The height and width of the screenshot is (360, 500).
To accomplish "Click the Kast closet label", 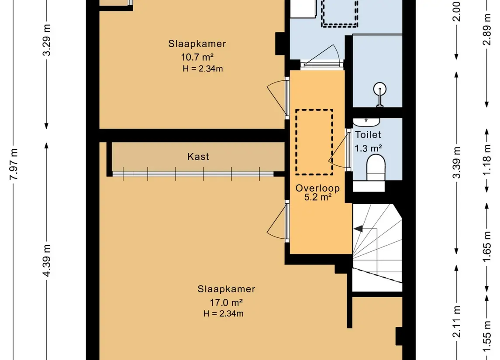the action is [198, 156].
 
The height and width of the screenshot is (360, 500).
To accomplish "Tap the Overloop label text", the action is [317, 188].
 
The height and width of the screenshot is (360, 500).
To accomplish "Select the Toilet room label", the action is [368, 135].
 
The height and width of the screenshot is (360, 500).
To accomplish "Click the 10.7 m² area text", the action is [197, 57].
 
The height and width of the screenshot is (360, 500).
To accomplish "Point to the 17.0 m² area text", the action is [226, 302].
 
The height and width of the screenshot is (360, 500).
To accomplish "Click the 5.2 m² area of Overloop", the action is [317, 197].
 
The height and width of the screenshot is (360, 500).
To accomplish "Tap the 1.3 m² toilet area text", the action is [368, 148].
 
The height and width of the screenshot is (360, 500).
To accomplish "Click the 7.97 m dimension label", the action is [14, 165].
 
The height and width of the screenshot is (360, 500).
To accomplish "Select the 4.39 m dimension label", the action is [47, 261].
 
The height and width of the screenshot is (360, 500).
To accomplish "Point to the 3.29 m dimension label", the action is [47, 40].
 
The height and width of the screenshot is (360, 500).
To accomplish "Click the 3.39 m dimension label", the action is [457, 162].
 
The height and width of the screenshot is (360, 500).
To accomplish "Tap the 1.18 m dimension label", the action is [487, 160].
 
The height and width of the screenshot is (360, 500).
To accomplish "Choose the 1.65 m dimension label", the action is [487, 247].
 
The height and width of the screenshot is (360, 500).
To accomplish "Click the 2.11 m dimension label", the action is [457, 322].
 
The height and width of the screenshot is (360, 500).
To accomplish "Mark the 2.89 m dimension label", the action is [487, 30].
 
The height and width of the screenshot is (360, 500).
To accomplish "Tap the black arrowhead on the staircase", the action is [358, 229].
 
